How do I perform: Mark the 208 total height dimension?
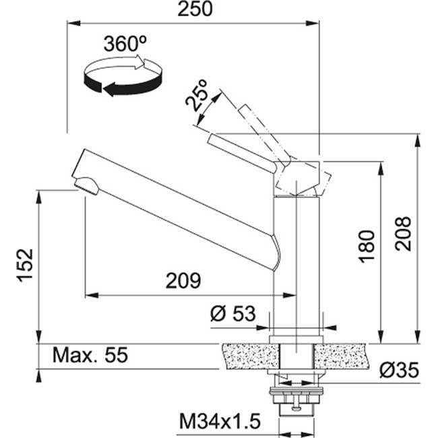[x=402, y=233]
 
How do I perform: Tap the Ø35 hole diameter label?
[x=399, y=369]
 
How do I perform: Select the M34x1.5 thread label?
[x=220, y=422]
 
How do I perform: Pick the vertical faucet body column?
[x=295, y=263]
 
